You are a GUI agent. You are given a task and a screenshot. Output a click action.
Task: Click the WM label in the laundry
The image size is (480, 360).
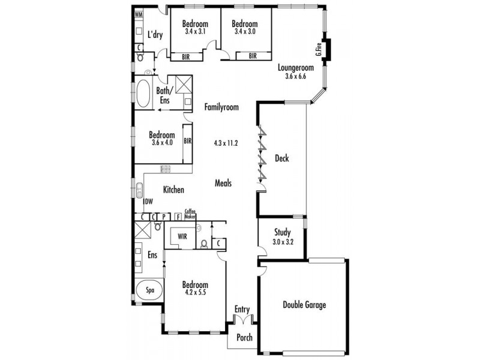tap(139, 14)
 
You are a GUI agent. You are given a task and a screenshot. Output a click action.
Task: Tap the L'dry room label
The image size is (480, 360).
tap(155, 34)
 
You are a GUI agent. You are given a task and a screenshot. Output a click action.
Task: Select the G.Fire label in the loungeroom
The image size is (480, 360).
tap(320, 50)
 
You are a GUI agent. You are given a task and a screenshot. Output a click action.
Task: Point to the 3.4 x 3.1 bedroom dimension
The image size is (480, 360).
tap(195, 31)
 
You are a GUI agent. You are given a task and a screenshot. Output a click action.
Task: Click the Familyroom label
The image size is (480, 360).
tap(221, 107)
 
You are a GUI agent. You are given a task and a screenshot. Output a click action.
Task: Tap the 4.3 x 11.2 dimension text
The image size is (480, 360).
tap(226, 143)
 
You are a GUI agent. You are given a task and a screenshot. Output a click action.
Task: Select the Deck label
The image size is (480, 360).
tap(282, 158)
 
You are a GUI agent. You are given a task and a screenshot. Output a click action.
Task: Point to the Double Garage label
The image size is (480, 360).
tap(304, 305)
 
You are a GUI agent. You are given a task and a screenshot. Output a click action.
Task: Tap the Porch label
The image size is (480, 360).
tap(244, 337)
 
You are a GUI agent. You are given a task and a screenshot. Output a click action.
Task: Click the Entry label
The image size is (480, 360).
tap(242, 310)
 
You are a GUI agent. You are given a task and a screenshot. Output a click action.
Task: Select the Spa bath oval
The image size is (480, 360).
tap(150, 290)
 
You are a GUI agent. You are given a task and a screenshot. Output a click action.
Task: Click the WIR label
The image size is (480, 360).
tap(182, 236)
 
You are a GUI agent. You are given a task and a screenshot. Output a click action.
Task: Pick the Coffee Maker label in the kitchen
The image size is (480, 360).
tap(190, 213)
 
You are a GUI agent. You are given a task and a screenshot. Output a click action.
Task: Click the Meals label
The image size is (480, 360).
tap(223, 184)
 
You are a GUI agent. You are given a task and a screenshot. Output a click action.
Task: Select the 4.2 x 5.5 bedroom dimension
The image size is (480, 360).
tap(195, 293)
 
